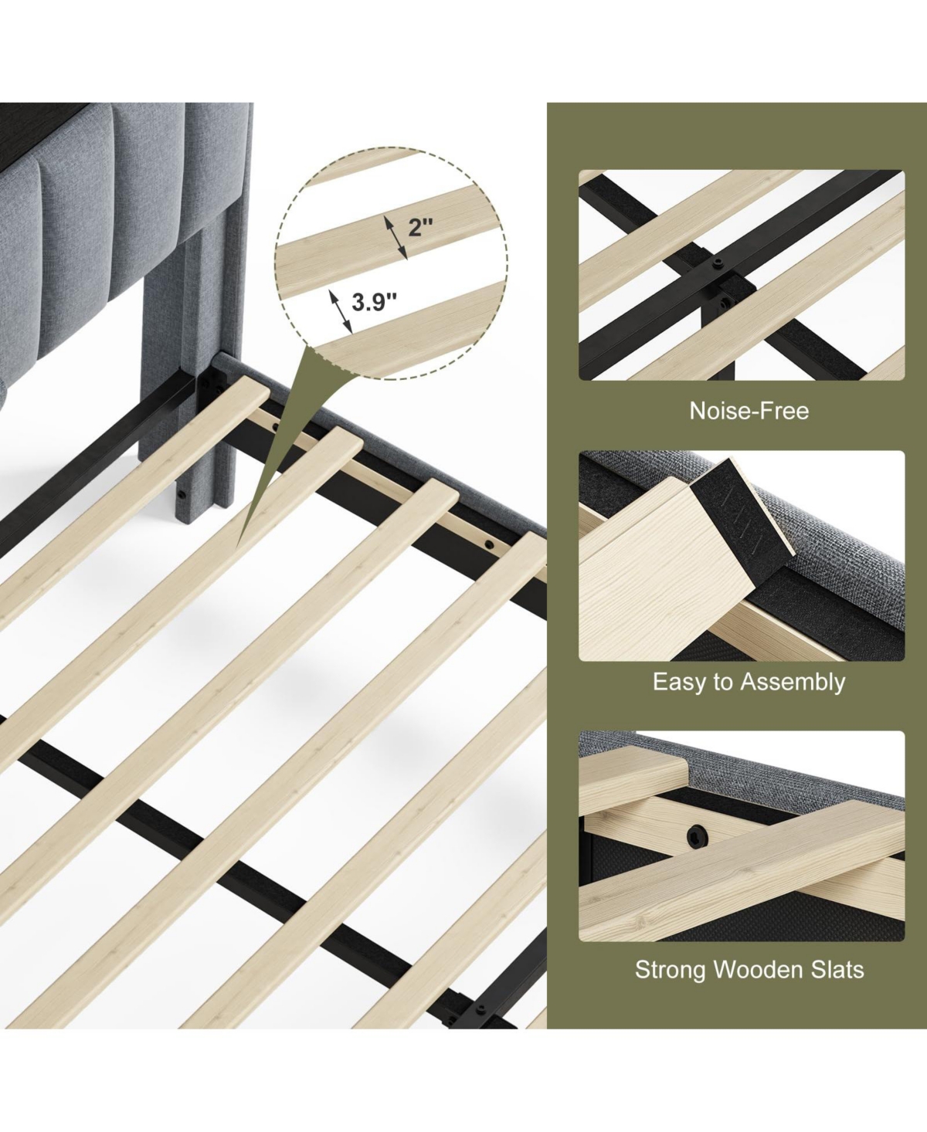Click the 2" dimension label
tap(420, 227)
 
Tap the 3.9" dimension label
tap(374, 303)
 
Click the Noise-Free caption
tap(749, 411)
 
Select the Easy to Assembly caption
tap(749, 683)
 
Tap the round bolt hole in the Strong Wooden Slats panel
tap(697, 835)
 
